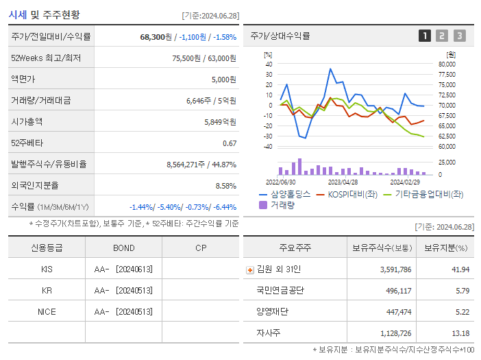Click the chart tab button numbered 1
coord(425,36)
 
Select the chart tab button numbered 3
coord(459,36)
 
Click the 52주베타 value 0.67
coord(230,143)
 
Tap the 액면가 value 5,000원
coord(222,80)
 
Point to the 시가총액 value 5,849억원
coord(220,122)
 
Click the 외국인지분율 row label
coord(35,186)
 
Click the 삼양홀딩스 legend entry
coord(284,194)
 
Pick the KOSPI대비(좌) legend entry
coord(351,194)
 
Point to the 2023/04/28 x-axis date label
coord(343,182)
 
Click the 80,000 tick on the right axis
coord(447,64)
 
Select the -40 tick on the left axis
coord(269,146)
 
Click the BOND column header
coord(123,248)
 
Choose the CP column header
coord(201,248)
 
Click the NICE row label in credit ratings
coord(47,311)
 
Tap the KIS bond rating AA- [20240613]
coord(123,269)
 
